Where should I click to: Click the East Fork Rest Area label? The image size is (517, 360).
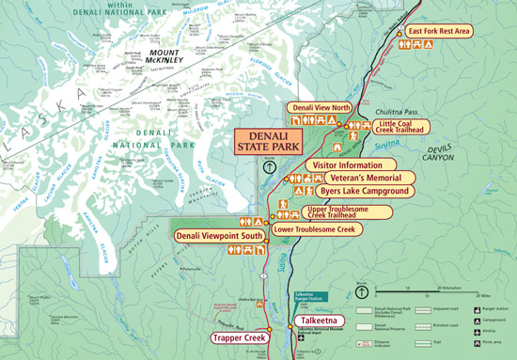pos(439,31)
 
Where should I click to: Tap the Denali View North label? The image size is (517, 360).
pos(321,107)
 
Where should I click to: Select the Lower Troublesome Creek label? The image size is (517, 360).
pos(315,229)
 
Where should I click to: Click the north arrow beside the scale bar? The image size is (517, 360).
pos(362,291)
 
